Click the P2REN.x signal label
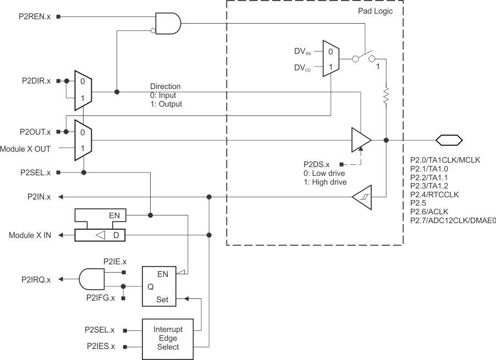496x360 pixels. click(35, 16)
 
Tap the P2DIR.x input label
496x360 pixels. click(35, 81)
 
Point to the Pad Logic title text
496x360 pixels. click(376, 11)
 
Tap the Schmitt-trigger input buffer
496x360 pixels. click(361, 196)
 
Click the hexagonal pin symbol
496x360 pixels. click(449, 140)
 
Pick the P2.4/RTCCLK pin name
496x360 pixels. click(434, 195)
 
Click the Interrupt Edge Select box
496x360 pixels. click(168, 339)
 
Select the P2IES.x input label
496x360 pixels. click(101, 347)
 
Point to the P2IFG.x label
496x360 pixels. click(101, 298)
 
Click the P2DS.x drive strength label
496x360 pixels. click(316, 164)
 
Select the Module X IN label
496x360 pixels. click(30, 235)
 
